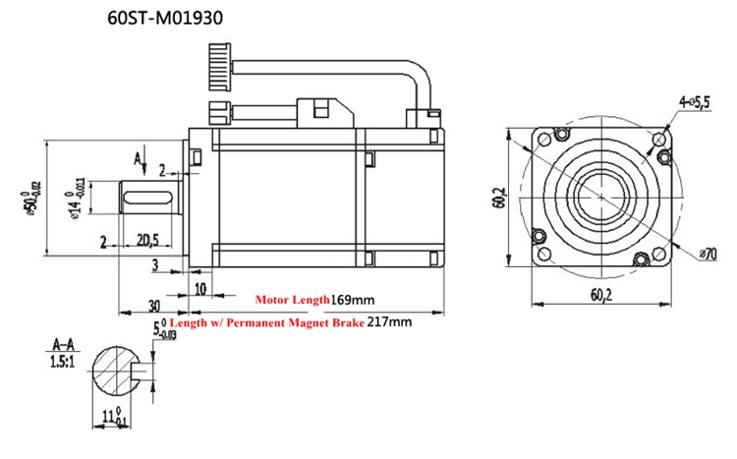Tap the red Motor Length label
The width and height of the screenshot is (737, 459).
pyautogui.click(x=292, y=298)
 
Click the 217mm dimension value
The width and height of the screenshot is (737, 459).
pyautogui.click(x=390, y=321)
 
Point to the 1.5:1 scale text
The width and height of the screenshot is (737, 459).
pyautogui.click(x=60, y=361)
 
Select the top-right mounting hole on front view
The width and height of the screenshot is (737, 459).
pyautogui.click(x=659, y=138)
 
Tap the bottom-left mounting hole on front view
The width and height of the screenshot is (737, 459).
pyautogui.click(x=539, y=236)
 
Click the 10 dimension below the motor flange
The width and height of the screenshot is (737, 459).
pyautogui.click(x=200, y=288)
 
